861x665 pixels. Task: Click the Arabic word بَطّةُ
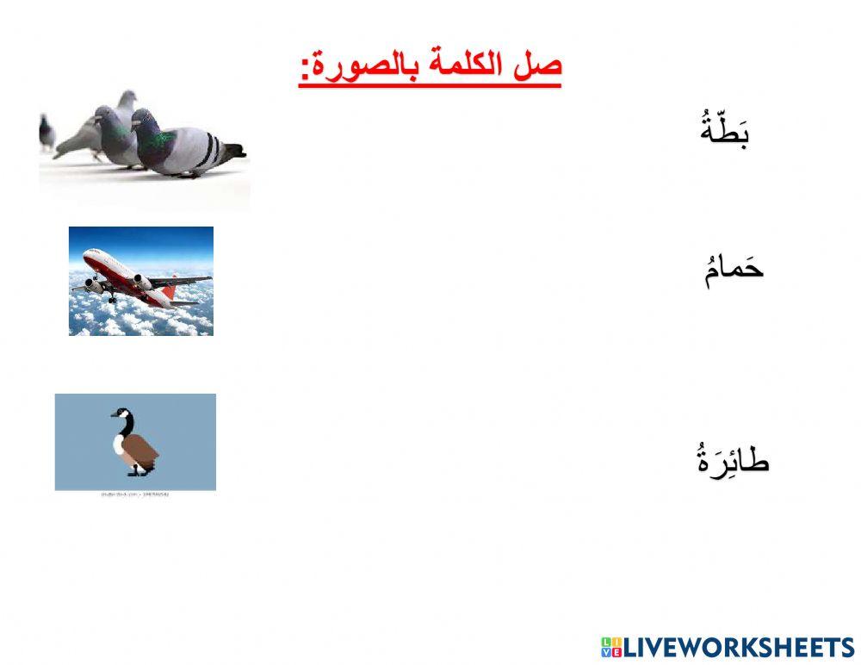725,132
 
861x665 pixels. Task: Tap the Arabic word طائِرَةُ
733,460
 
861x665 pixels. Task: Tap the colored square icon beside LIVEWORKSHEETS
611,648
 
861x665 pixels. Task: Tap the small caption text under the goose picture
134,495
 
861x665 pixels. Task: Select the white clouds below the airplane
138,319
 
